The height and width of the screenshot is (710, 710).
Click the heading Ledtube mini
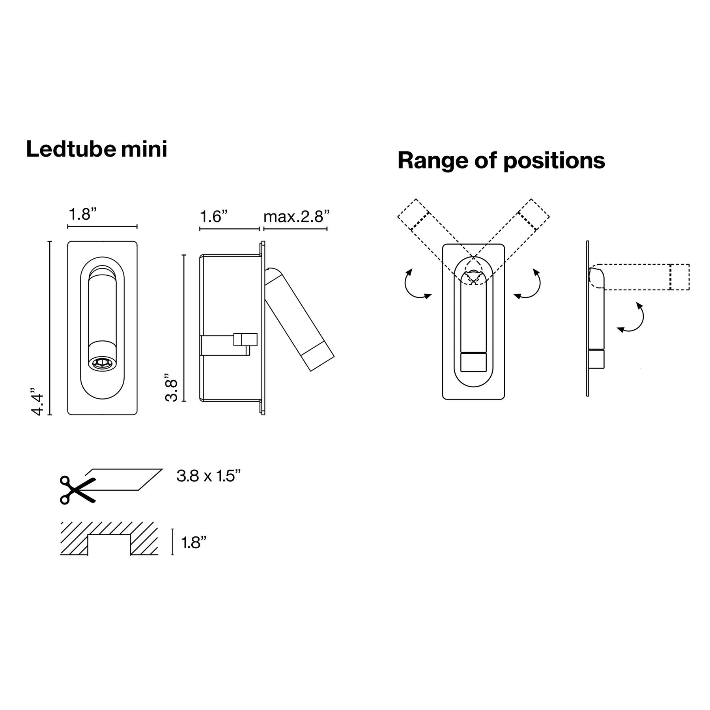coord(97,149)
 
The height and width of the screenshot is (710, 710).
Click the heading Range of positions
coord(501,161)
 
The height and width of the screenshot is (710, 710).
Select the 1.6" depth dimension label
coord(214,217)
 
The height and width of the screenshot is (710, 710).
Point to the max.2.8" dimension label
coord(296,217)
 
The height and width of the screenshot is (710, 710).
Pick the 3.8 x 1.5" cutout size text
coord(208,476)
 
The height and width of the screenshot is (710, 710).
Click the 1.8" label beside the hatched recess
coord(194,543)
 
